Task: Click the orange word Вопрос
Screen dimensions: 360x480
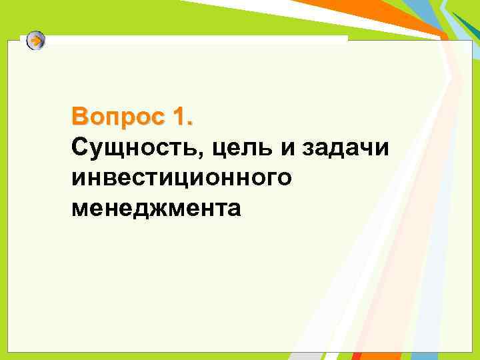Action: pos(114,119)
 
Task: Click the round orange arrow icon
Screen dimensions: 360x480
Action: pos(37,41)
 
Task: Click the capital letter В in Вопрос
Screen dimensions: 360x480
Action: pos(80,118)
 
